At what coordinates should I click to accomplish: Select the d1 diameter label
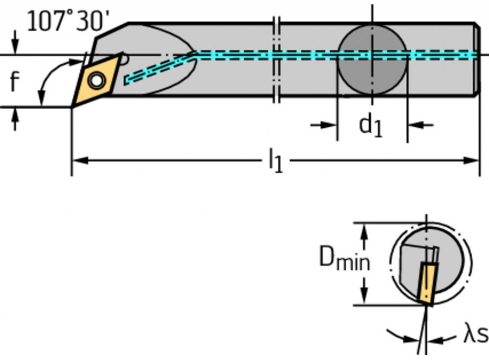click(x=371, y=126)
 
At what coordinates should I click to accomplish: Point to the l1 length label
click(x=275, y=162)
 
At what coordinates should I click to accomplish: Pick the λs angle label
click(x=475, y=335)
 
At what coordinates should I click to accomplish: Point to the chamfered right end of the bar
click(x=477, y=59)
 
